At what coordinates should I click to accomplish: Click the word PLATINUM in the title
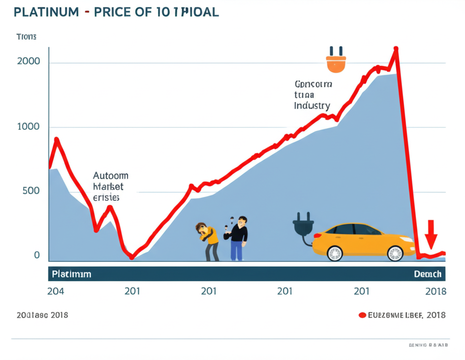tap(46, 12)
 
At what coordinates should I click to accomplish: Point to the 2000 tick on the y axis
tap(28, 61)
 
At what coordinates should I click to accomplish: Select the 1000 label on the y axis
tap(28, 127)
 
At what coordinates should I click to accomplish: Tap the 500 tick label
tap(30, 191)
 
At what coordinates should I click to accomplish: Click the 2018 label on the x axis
tap(435, 291)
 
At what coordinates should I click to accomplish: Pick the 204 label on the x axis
tap(56, 291)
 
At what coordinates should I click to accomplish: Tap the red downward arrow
tap(431, 233)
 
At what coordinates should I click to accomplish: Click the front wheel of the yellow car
tap(395, 253)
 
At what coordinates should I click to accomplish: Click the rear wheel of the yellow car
tap(335, 253)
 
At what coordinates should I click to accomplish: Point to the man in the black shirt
tap(238, 238)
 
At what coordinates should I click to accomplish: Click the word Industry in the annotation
tap(312, 106)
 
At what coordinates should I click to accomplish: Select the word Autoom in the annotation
tap(110, 175)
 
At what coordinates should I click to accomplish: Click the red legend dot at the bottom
tap(362, 315)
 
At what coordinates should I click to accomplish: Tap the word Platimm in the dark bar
tap(71, 274)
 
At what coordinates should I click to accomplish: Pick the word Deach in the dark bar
tap(427, 274)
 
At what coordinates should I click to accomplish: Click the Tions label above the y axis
tap(26, 37)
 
